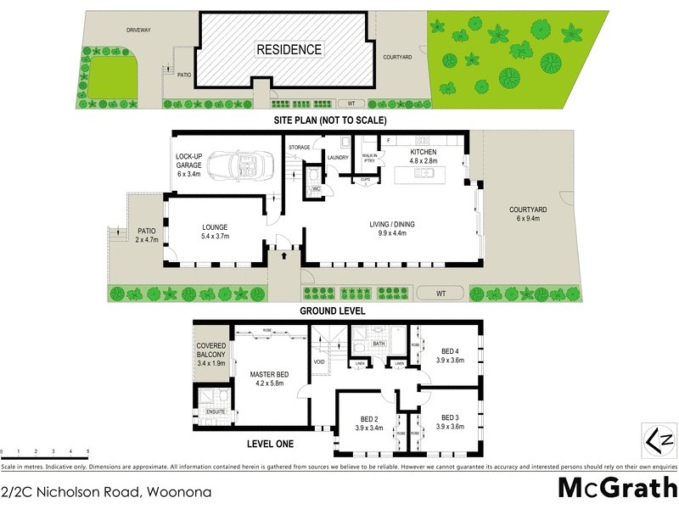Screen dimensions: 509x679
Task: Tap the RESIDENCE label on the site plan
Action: pyautogui.click(x=289, y=49)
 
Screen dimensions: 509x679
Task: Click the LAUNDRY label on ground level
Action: pyautogui.click(x=339, y=157)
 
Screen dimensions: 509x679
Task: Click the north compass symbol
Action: pyautogui.click(x=659, y=440)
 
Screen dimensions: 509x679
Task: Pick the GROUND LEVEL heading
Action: pyautogui.click(x=333, y=311)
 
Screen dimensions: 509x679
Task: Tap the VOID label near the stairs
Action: pyautogui.click(x=319, y=362)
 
